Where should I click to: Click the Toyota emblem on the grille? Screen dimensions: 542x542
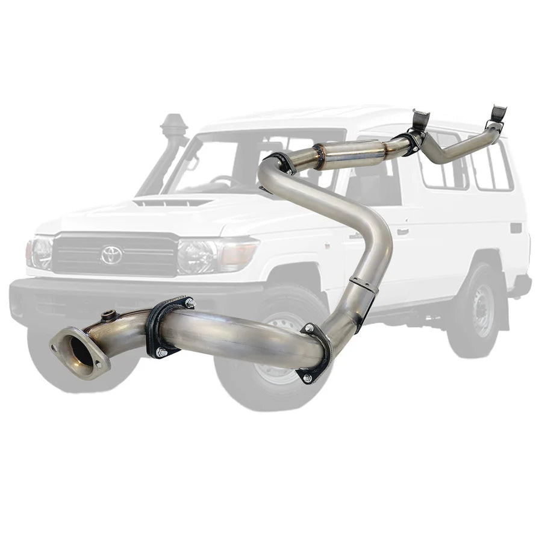111,255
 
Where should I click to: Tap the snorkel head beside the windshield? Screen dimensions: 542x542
173,127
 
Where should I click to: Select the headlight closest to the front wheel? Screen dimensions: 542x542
205,256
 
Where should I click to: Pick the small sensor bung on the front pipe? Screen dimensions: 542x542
110,316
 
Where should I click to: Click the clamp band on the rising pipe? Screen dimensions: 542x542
363,284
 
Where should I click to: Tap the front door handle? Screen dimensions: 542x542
402,231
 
